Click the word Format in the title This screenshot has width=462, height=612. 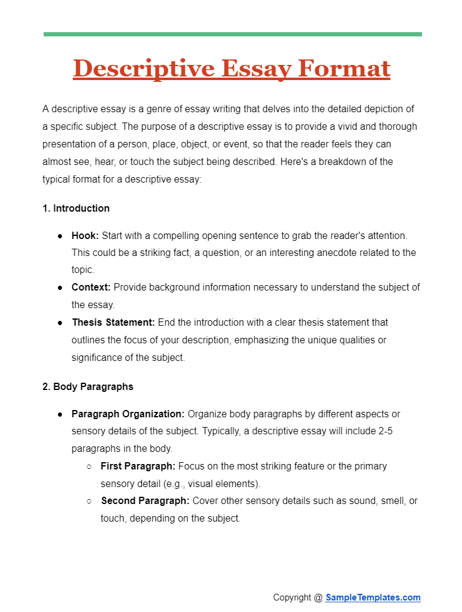click(346, 69)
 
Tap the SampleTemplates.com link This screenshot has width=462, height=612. click(373, 597)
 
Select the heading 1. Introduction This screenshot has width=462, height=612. click(76, 208)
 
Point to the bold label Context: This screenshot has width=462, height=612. click(91, 287)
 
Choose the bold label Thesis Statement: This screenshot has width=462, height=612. click(113, 322)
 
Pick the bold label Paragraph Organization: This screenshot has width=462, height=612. click(128, 414)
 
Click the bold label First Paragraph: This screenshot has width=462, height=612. click(138, 466)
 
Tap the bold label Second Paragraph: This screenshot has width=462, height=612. click(145, 501)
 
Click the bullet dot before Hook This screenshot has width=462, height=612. click(60, 235)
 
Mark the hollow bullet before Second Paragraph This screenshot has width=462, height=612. click(89, 502)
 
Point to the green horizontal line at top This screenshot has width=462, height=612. click(232, 34)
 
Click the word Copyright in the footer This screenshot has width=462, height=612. click(292, 597)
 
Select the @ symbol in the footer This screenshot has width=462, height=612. click(318, 597)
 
